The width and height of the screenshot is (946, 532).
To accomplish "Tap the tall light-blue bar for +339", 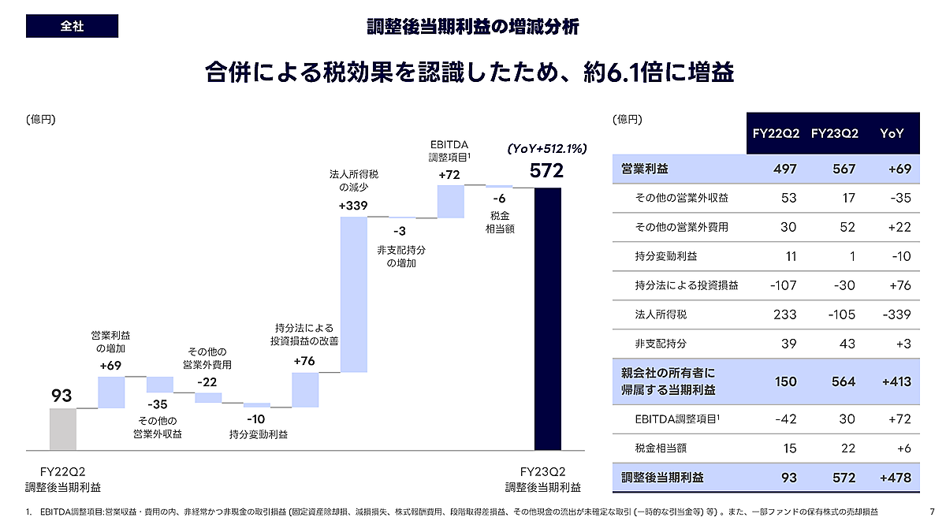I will click(353, 293).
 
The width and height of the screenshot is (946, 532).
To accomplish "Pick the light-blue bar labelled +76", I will click(304, 389).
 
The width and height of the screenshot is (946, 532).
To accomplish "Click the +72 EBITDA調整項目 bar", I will click(450, 201).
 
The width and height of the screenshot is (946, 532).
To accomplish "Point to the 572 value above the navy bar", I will click(546, 171).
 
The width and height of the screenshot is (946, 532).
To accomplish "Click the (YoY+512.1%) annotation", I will click(546, 148).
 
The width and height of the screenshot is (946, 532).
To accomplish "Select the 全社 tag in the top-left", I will click(72, 26).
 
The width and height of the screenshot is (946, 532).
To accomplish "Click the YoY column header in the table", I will click(892, 133).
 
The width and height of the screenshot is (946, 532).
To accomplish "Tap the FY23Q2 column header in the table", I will click(836, 133).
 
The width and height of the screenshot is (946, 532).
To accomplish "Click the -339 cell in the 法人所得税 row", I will click(896, 314).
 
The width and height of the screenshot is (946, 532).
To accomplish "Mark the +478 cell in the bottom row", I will click(894, 477).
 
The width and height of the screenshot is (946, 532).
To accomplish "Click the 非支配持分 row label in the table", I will click(661, 344).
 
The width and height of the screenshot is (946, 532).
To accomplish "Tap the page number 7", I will click(933, 512).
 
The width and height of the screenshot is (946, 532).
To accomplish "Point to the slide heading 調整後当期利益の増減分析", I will click(473, 27).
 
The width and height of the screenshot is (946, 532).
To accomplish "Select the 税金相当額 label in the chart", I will click(500, 221).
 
